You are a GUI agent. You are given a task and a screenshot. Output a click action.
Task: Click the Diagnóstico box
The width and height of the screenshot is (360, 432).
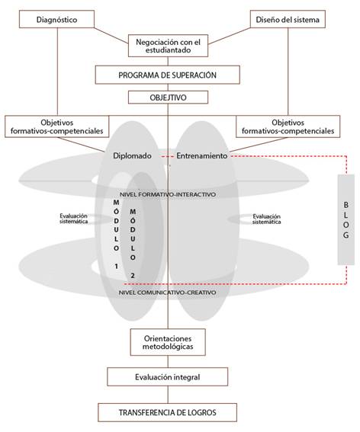56,19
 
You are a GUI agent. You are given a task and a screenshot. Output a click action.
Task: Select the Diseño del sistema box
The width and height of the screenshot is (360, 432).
288,19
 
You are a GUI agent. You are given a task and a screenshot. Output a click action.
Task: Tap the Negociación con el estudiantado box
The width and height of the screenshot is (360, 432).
168,46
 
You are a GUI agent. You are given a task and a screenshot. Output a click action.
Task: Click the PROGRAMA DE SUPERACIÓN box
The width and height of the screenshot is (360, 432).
168,75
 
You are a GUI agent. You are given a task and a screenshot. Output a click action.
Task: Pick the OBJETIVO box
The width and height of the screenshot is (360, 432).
168,98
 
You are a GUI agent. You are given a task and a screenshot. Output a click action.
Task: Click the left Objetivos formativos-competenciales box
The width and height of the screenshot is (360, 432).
57,126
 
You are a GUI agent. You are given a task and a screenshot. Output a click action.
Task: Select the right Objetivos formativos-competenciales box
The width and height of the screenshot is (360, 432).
288,126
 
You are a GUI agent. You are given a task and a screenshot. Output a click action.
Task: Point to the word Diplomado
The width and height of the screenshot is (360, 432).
133,156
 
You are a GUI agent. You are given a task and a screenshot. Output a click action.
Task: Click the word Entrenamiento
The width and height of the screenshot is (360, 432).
202,156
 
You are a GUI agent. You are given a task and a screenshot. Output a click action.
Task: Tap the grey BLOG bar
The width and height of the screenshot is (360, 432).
346,219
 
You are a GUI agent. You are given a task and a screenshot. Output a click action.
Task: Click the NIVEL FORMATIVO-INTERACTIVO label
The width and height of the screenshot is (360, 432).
168,194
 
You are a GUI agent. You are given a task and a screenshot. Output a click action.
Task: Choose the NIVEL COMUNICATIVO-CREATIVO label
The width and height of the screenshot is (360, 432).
168,293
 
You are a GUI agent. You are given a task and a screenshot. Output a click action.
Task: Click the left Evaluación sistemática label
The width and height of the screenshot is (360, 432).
74,219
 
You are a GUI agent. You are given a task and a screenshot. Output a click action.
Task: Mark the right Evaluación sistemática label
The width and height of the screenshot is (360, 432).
266,219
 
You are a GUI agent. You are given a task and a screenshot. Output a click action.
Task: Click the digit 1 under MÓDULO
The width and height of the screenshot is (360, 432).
117,267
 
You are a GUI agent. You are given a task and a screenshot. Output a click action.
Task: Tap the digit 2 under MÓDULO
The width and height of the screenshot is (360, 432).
133,276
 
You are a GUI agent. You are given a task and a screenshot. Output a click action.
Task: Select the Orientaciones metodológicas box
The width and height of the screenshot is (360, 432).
168,342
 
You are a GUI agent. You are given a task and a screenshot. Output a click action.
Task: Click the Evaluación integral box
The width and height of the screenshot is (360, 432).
168,377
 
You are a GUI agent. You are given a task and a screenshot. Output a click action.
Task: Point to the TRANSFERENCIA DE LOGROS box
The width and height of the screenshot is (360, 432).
168,413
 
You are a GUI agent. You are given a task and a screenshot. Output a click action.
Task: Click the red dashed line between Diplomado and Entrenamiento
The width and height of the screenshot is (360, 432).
168,156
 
